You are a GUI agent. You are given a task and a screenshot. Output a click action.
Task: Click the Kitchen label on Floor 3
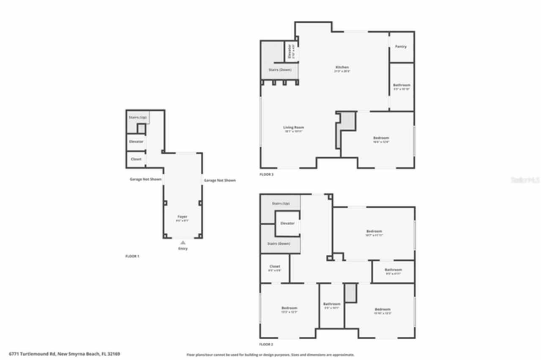coord(342,68)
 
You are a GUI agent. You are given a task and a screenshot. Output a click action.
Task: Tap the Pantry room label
coord(401,46)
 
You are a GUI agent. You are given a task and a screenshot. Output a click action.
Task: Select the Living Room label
coord(293,128)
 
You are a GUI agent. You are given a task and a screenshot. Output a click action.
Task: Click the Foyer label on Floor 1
coord(182,217)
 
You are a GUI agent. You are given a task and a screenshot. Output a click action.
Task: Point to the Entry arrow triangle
coord(183,243)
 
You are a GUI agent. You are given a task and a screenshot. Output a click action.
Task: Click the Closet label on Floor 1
coord(136,159)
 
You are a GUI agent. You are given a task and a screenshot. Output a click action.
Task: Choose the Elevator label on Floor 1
coord(136,142)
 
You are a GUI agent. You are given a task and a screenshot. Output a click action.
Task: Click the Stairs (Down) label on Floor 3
coord(280,70)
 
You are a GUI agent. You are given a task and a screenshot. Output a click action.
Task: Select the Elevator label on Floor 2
coord(287,223)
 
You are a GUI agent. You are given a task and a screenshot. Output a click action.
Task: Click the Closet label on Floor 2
coord(275,267)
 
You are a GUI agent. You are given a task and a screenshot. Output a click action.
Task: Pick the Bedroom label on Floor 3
coord(381,138)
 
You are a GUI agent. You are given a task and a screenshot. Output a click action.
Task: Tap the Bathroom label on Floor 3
coord(402,85)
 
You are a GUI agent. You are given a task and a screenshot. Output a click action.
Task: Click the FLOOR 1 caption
coord(132,256)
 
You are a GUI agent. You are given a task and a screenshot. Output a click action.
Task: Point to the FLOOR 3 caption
coord(266,174)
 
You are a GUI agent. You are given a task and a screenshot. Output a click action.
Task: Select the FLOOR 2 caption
coord(266,344)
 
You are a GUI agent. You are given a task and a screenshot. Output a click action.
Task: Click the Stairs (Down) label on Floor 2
coord(279,244)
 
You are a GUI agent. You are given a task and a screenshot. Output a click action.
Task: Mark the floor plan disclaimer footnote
coord(270,355)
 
